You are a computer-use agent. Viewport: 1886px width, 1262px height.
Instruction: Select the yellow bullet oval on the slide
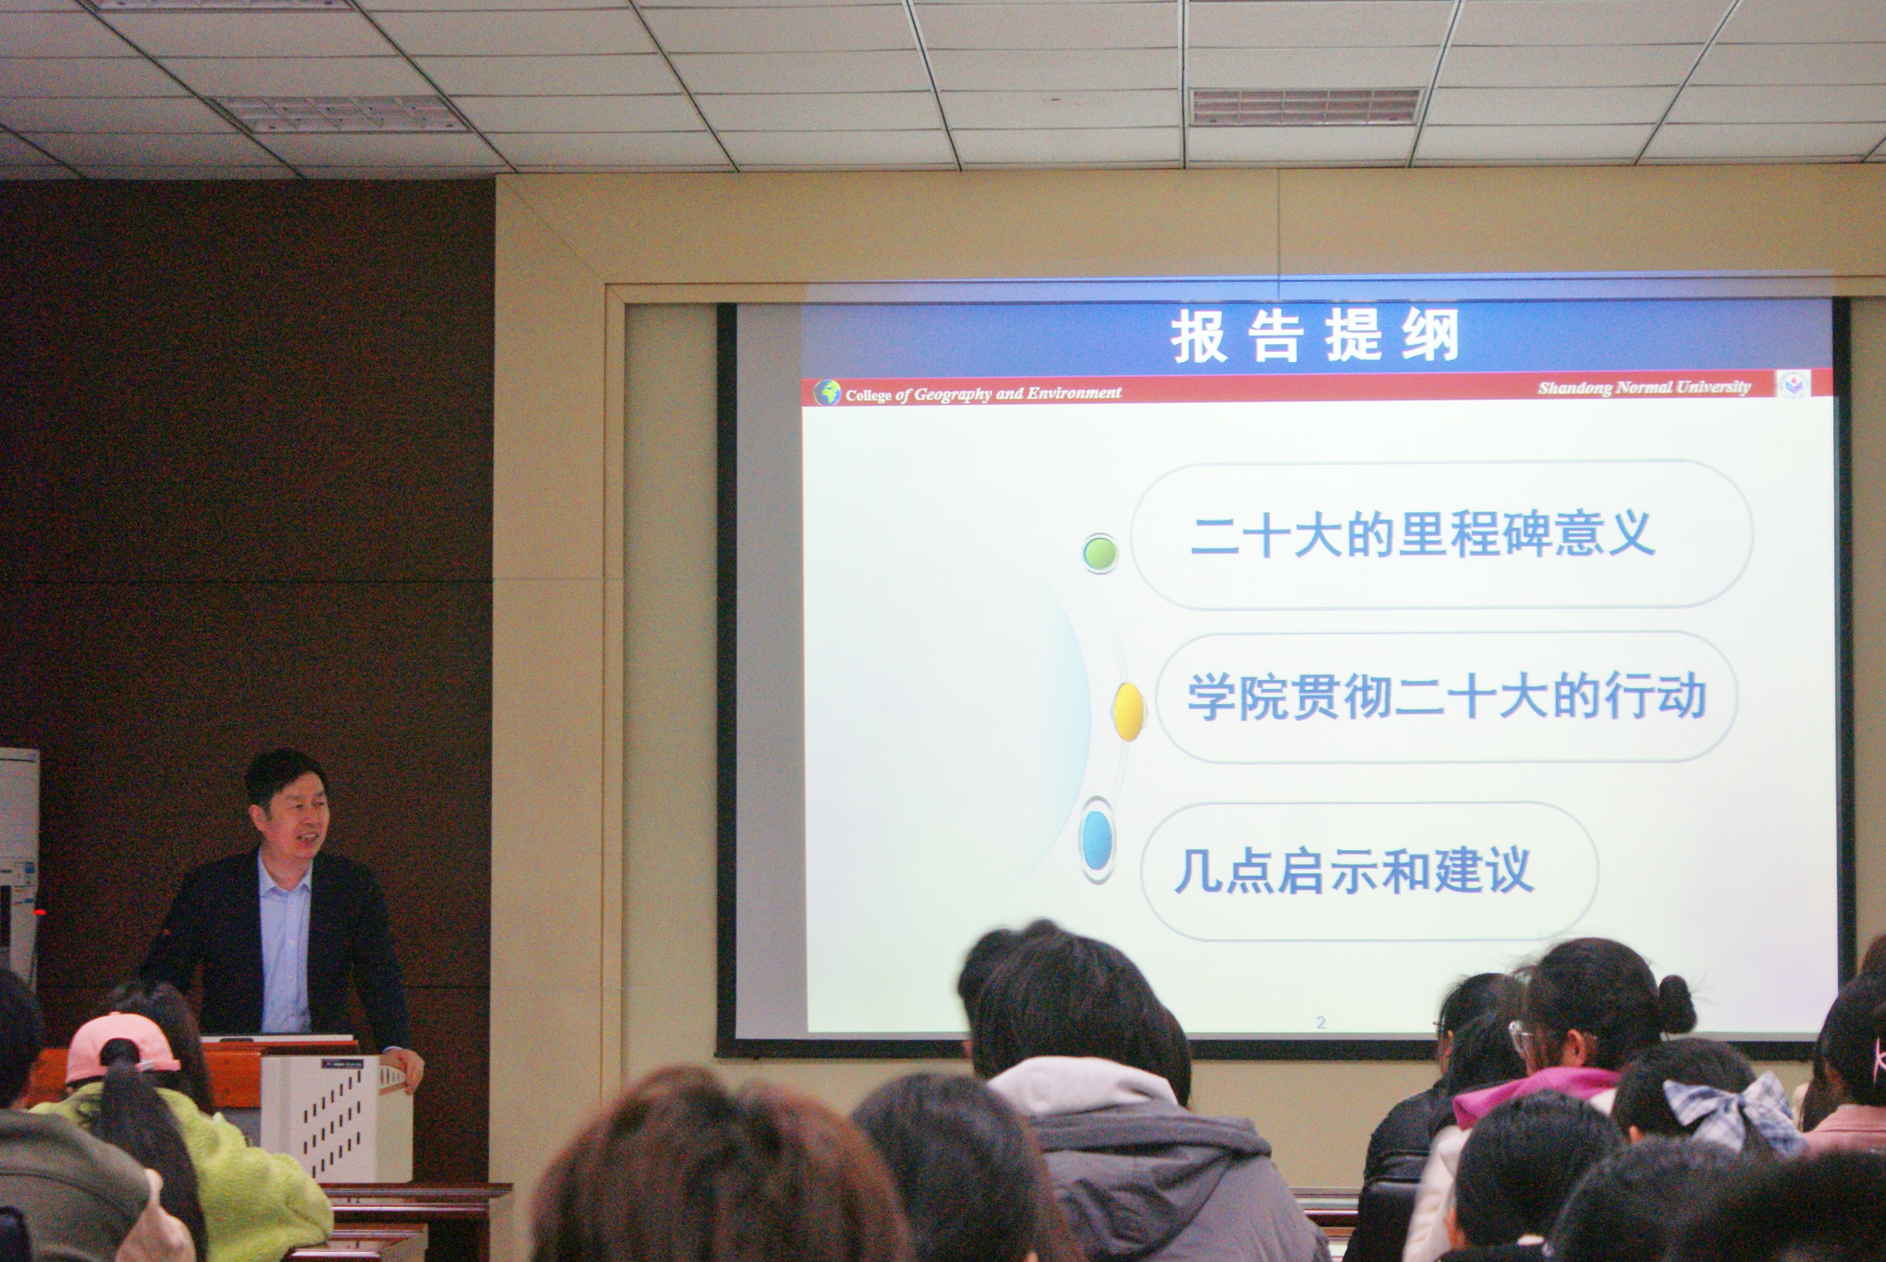(x=1129, y=711)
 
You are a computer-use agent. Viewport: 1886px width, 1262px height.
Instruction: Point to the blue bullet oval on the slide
(x=1097, y=841)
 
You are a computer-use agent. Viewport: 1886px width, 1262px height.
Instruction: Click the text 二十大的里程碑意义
(x=1422, y=535)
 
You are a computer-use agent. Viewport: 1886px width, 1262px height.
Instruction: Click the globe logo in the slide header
(x=827, y=393)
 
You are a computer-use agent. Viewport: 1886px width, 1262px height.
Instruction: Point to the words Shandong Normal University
(x=1644, y=387)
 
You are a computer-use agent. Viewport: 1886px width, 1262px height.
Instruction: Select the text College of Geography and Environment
(x=983, y=393)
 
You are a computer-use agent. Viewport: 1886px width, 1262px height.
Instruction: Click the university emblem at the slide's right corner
(x=1792, y=384)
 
